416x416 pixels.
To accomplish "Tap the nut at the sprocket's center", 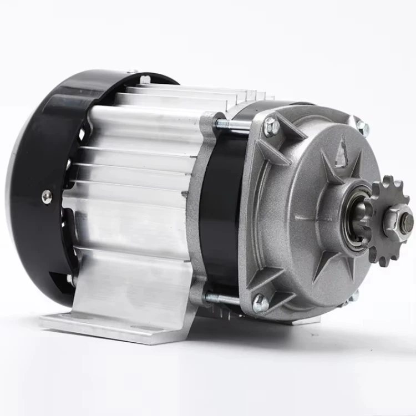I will click(x=400, y=220).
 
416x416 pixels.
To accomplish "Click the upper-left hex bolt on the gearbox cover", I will click(x=272, y=127).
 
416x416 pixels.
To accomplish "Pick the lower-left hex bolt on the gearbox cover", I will click(x=259, y=303).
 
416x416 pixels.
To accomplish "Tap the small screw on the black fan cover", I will click(x=47, y=196).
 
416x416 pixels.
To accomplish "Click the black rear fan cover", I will click(x=39, y=183).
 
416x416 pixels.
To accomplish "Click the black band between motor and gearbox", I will click(x=219, y=211).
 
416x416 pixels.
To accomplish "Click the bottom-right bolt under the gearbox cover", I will click(x=354, y=295).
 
